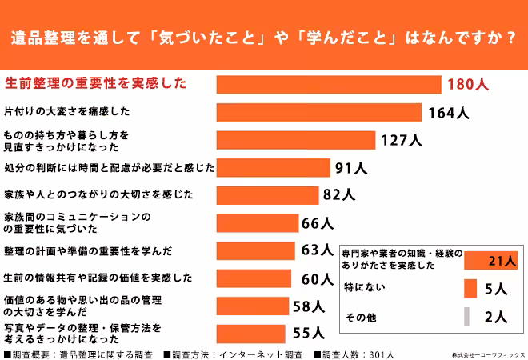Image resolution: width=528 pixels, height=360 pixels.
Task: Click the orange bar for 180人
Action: [x=329, y=84]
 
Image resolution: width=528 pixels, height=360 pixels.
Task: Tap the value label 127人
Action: [x=402, y=140]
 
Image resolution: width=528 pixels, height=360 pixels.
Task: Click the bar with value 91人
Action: [x=274, y=168]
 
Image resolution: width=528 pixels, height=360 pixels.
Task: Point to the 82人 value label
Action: [x=338, y=194]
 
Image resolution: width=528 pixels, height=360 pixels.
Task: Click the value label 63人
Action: [x=317, y=250]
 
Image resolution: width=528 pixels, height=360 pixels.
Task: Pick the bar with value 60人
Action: [x=254, y=278]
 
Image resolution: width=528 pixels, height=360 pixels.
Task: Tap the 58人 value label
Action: [x=310, y=306]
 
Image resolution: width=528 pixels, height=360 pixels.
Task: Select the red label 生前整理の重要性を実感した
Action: [x=95, y=83]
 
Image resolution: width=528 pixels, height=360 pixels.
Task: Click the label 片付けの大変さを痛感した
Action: [x=67, y=111]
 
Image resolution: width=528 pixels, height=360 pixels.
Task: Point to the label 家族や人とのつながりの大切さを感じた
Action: [x=99, y=194]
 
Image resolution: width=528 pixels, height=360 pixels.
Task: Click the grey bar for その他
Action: [x=466, y=317]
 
